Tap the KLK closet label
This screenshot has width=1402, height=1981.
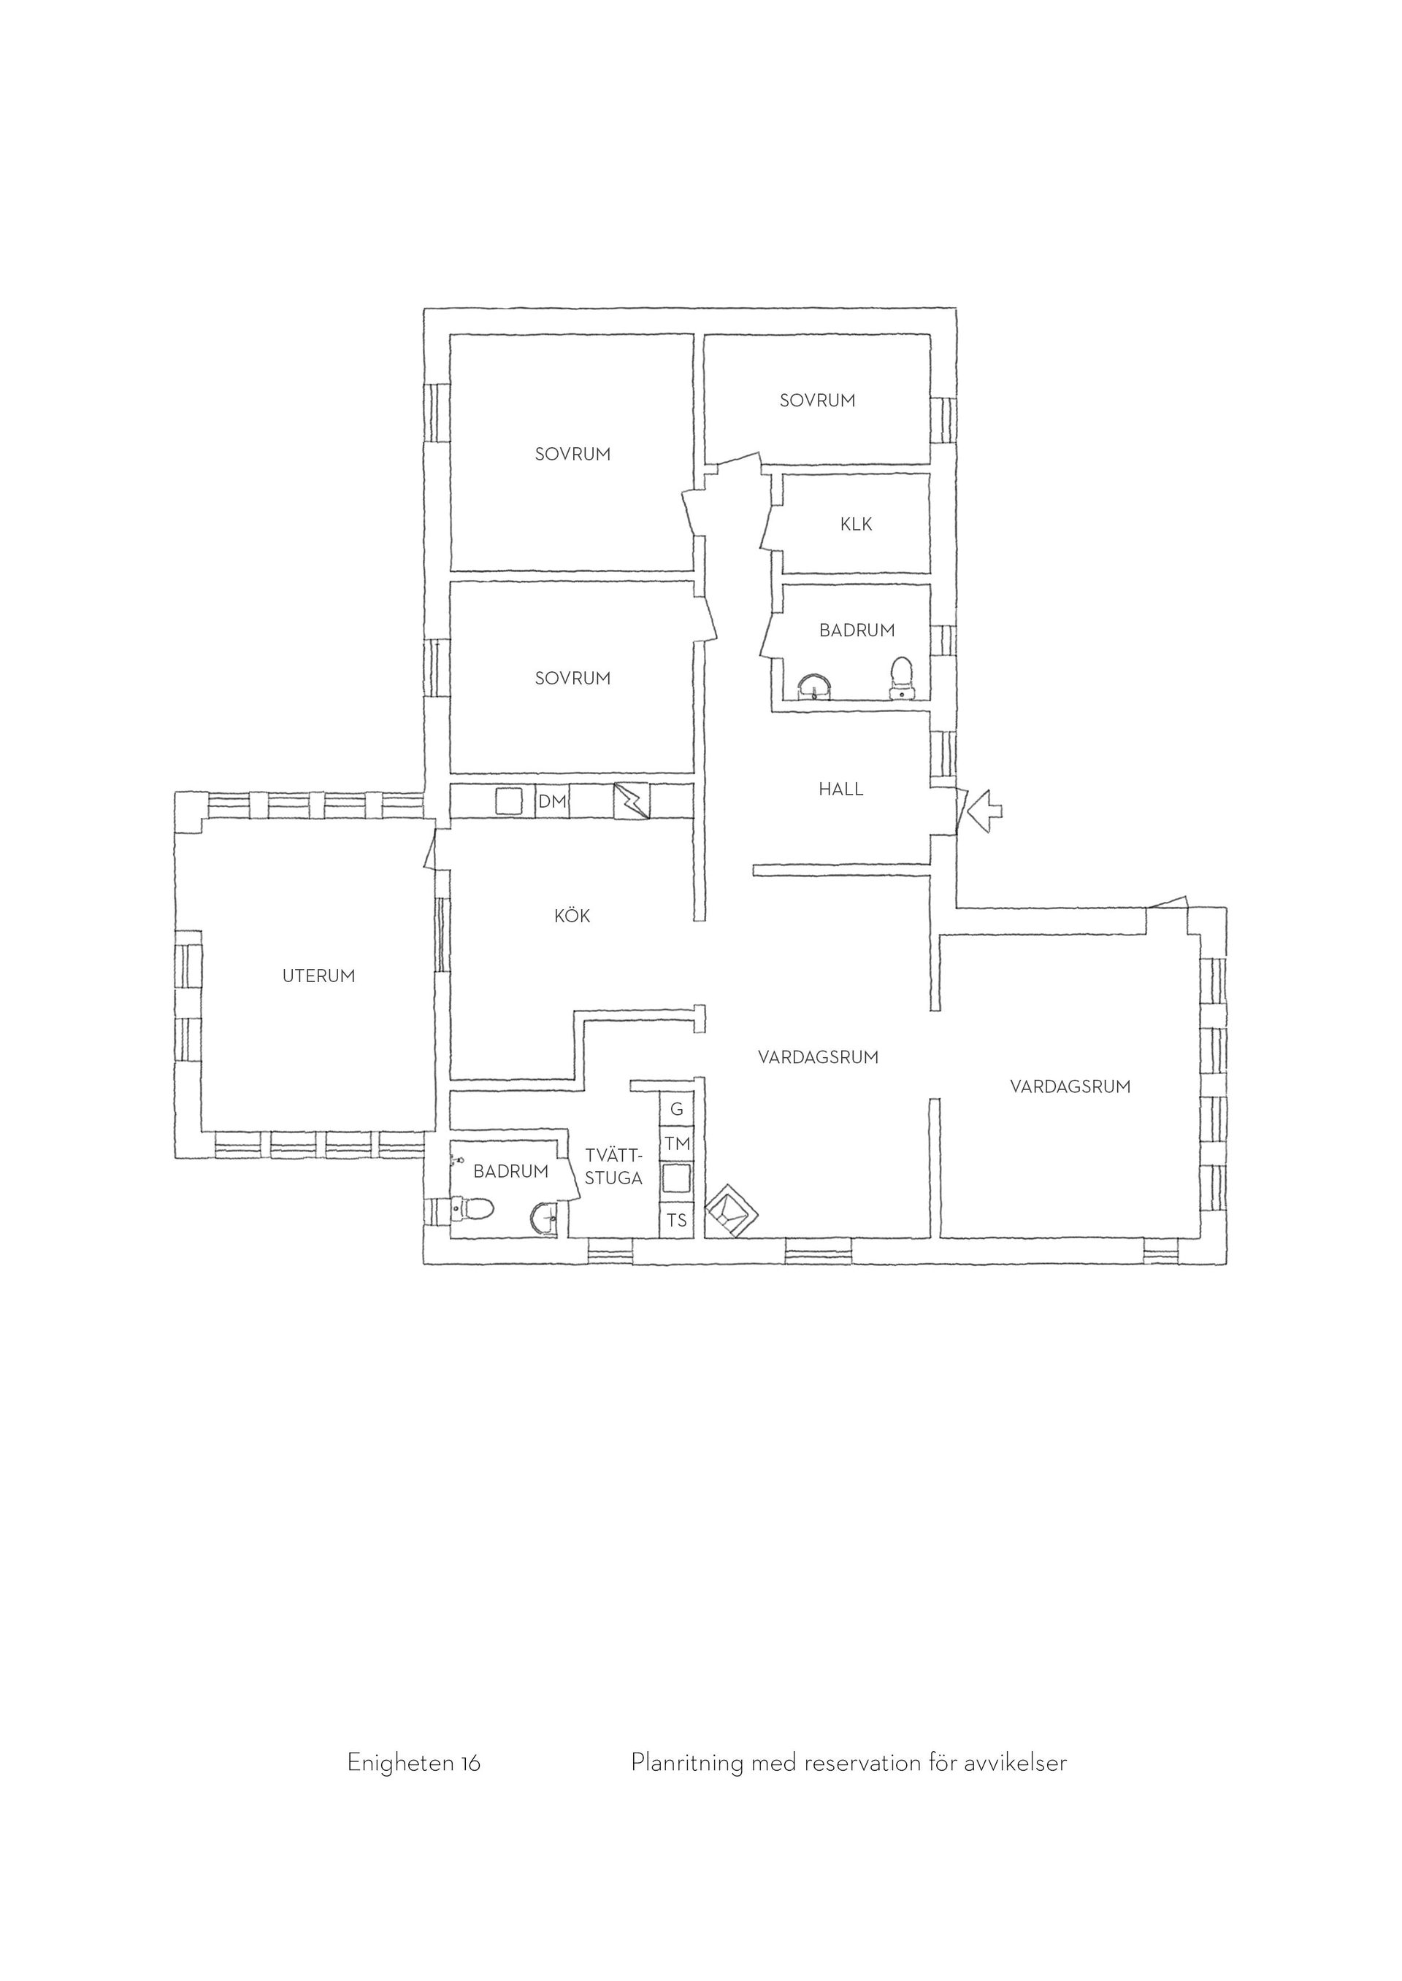857,524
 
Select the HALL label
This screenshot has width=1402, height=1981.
841,789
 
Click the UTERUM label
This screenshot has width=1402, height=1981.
318,976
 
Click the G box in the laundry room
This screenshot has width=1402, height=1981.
677,1110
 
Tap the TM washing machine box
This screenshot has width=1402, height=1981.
677,1144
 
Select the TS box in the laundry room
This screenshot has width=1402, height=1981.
677,1220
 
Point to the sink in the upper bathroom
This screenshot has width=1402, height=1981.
816,686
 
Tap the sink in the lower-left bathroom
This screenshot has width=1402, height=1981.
545,1219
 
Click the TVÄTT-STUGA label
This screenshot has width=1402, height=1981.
614,1167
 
